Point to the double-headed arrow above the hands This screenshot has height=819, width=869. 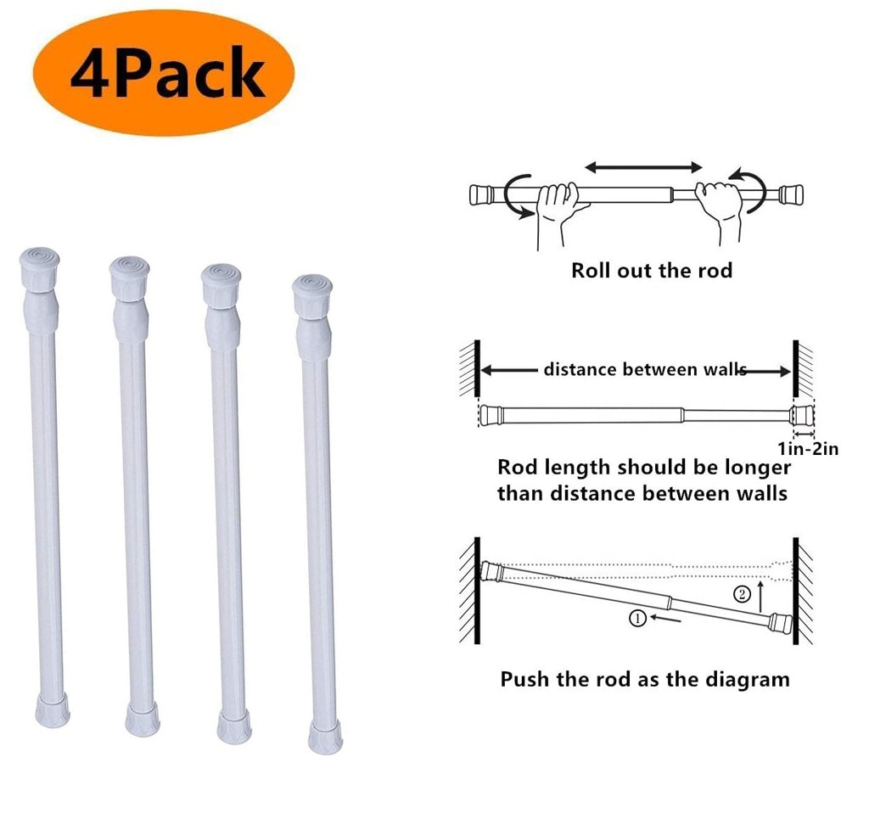click(x=644, y=167)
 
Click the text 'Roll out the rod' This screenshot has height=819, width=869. click(x=651, y=272)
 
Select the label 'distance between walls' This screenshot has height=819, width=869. click(x=645, y=369)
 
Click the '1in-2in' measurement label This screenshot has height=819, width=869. click(x=807, y=449)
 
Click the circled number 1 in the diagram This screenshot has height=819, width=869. click(x=639, y=618)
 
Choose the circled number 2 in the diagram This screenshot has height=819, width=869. click(x=742, y=594)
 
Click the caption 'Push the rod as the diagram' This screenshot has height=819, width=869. click(x=644, y=679)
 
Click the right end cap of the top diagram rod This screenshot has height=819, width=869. click(x=792, y=194)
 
